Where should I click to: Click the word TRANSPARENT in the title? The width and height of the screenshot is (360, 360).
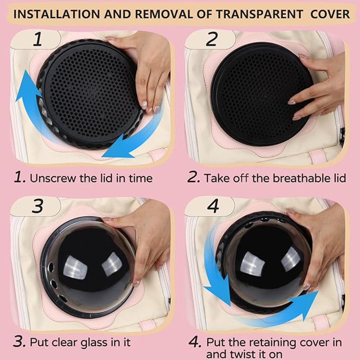coord(260,14)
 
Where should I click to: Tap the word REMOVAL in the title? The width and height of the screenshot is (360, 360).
coord(164,14)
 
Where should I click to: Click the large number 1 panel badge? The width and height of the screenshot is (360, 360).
coord(38,39)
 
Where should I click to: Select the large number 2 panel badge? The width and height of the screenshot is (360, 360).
coord(211,39)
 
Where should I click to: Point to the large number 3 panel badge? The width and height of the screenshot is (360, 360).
coord(37,206)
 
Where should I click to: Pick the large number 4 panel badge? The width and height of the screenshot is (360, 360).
coord(213,206)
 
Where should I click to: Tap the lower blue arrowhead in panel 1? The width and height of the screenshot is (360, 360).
coord(117,147)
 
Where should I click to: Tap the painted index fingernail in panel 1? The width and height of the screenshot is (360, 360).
coord(144,105)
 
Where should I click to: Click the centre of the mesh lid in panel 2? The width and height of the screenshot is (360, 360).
coord(262,94)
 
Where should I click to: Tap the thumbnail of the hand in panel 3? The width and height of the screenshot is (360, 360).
coord(136,283)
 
